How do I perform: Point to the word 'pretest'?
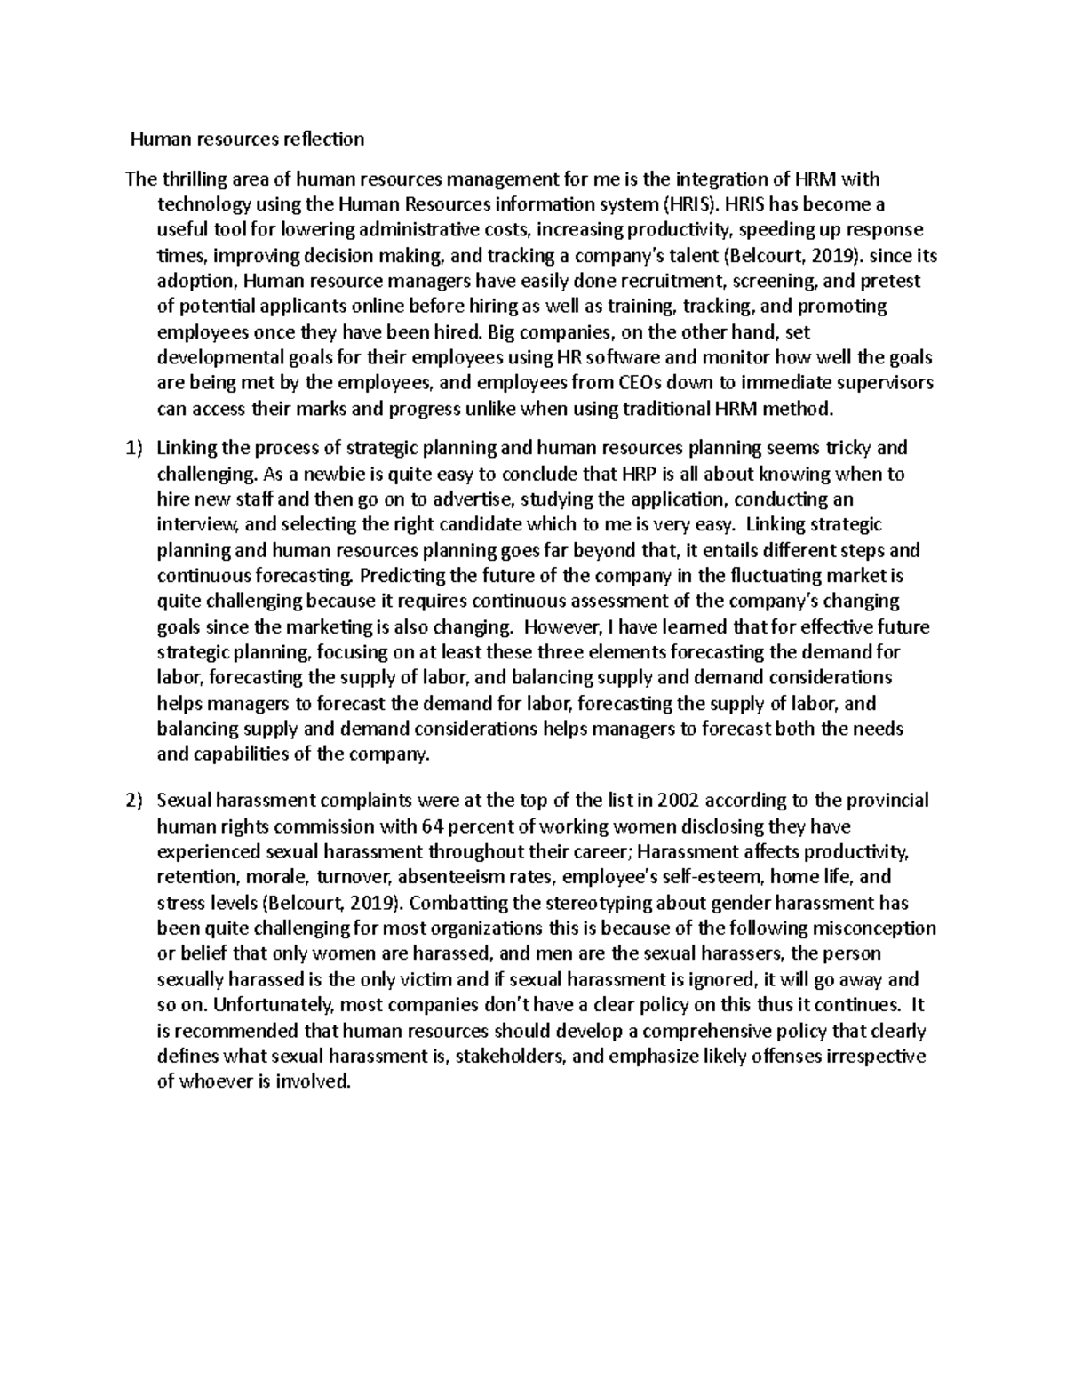click(891, 281)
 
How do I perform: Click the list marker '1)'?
click(133, 449)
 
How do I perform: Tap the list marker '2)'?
click(133, 801)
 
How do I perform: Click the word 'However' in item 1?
click(549, 627)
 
